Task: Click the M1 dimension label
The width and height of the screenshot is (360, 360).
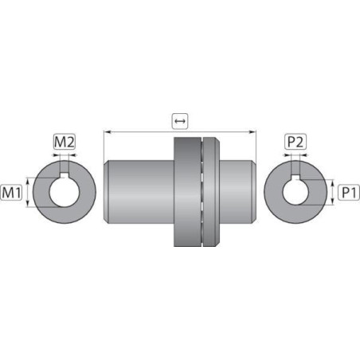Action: [11, 192]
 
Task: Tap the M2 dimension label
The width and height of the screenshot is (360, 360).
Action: [65, 142]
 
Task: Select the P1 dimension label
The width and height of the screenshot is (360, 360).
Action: [349, 192]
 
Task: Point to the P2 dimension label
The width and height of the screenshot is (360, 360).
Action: [295, 142]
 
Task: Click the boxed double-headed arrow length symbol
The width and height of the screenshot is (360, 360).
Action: [180, 121]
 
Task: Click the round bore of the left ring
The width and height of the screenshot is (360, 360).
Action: [65, 194]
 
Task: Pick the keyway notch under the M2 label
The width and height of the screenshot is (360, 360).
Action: [65, 175]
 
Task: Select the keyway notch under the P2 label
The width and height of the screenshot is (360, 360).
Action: [295, 178]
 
